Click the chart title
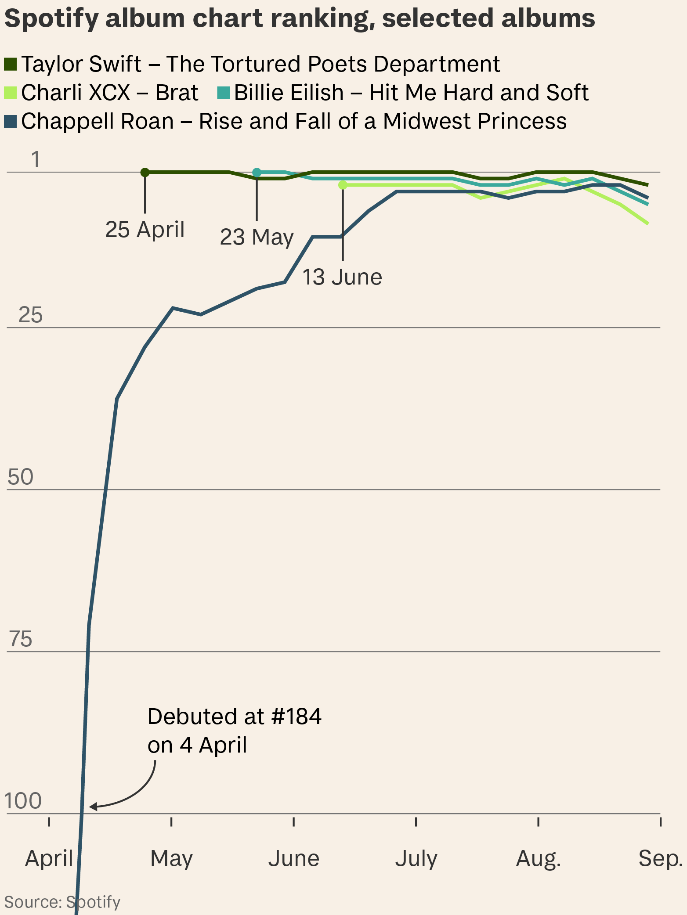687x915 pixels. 300,18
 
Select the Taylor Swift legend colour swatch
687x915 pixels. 11,65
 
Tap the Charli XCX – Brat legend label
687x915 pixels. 109,93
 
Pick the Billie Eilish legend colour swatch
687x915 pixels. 224,93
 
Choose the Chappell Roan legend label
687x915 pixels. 293,121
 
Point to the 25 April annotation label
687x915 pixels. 145,230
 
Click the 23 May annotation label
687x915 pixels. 257,237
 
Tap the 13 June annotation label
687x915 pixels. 342,277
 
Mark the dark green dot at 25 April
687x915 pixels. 145,172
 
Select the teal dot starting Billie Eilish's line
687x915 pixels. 257,172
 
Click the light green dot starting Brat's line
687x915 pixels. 343,185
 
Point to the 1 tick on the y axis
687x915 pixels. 36,160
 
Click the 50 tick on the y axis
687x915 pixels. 21,477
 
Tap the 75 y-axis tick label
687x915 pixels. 21,639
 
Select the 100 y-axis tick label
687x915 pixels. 23,801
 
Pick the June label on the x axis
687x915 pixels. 293,859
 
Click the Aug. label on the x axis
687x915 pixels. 539,859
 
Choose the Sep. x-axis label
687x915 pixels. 660,859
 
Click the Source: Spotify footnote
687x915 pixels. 62,902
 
